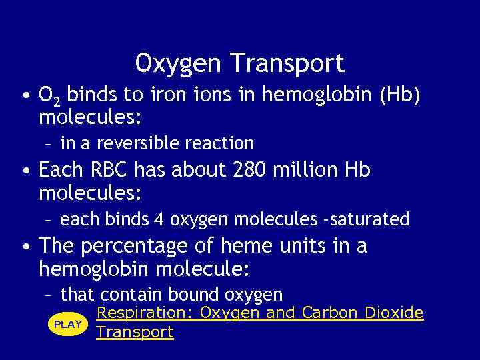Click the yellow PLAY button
pos(67,324)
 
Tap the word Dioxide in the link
pos(394,313)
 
